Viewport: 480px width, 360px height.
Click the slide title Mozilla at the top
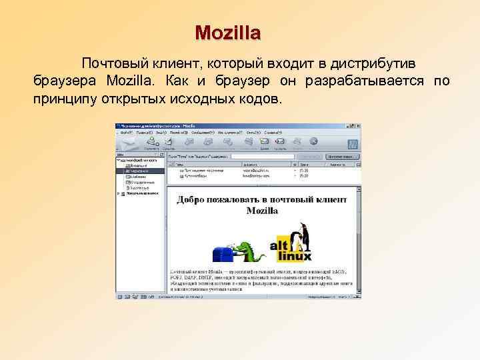pos(228,32)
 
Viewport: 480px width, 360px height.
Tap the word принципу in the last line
pos(62,99)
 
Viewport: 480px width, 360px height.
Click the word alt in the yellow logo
pos(279,245)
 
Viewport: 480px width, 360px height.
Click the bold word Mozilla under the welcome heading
pos(262,211)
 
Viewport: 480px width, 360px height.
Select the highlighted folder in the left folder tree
pos(139,171)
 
